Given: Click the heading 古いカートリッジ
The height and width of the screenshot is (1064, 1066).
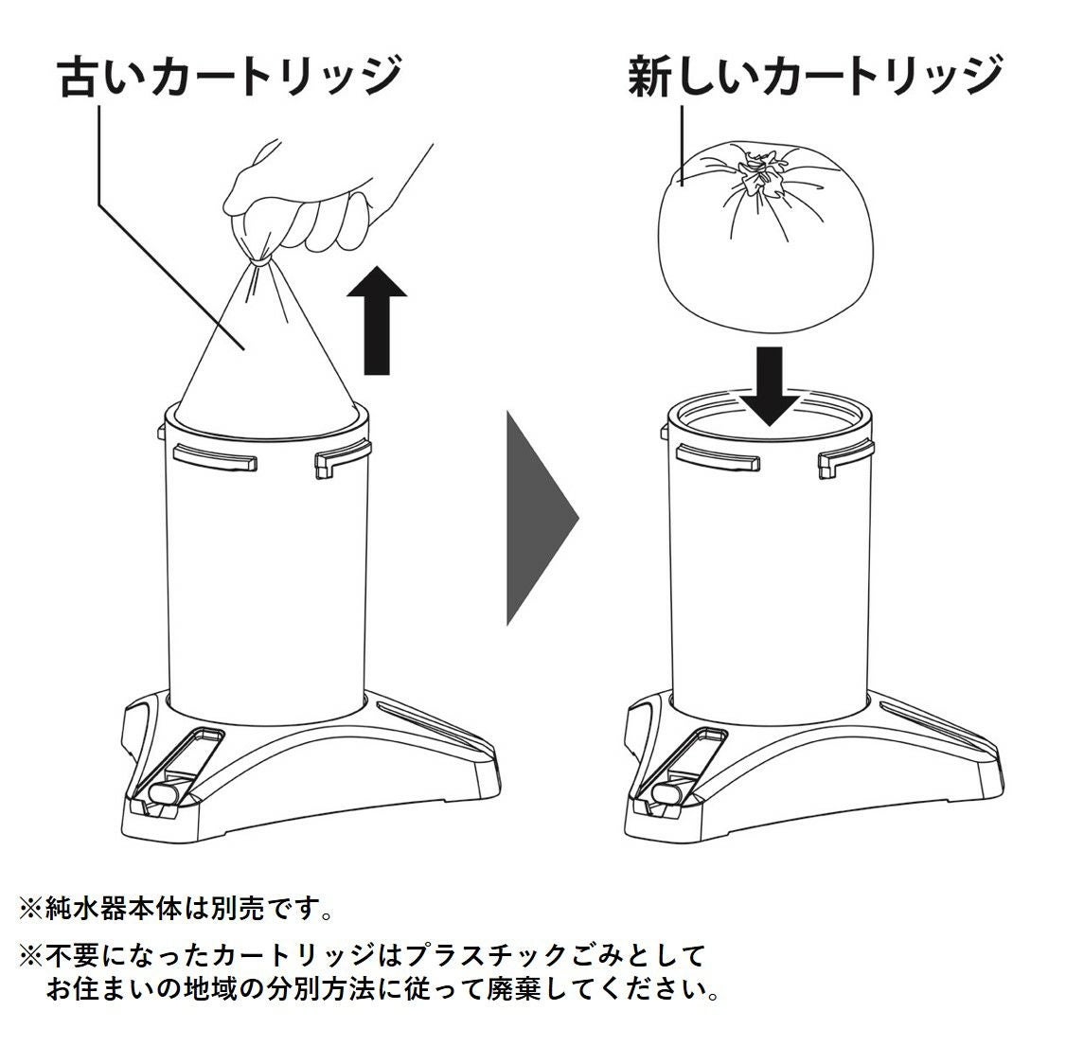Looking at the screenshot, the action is tap(230, 78).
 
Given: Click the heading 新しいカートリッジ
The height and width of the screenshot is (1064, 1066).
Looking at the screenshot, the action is tap(814, 78).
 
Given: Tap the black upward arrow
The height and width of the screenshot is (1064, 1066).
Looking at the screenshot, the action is tap(377, 320).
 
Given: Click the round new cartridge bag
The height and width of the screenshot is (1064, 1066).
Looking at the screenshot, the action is tap(765, 236).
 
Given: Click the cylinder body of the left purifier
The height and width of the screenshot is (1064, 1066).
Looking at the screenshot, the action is tap(267, 577).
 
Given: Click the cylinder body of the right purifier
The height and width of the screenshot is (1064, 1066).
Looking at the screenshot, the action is tap(769, 577).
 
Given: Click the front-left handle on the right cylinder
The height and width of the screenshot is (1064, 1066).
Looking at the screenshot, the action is tap(718, 456).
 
